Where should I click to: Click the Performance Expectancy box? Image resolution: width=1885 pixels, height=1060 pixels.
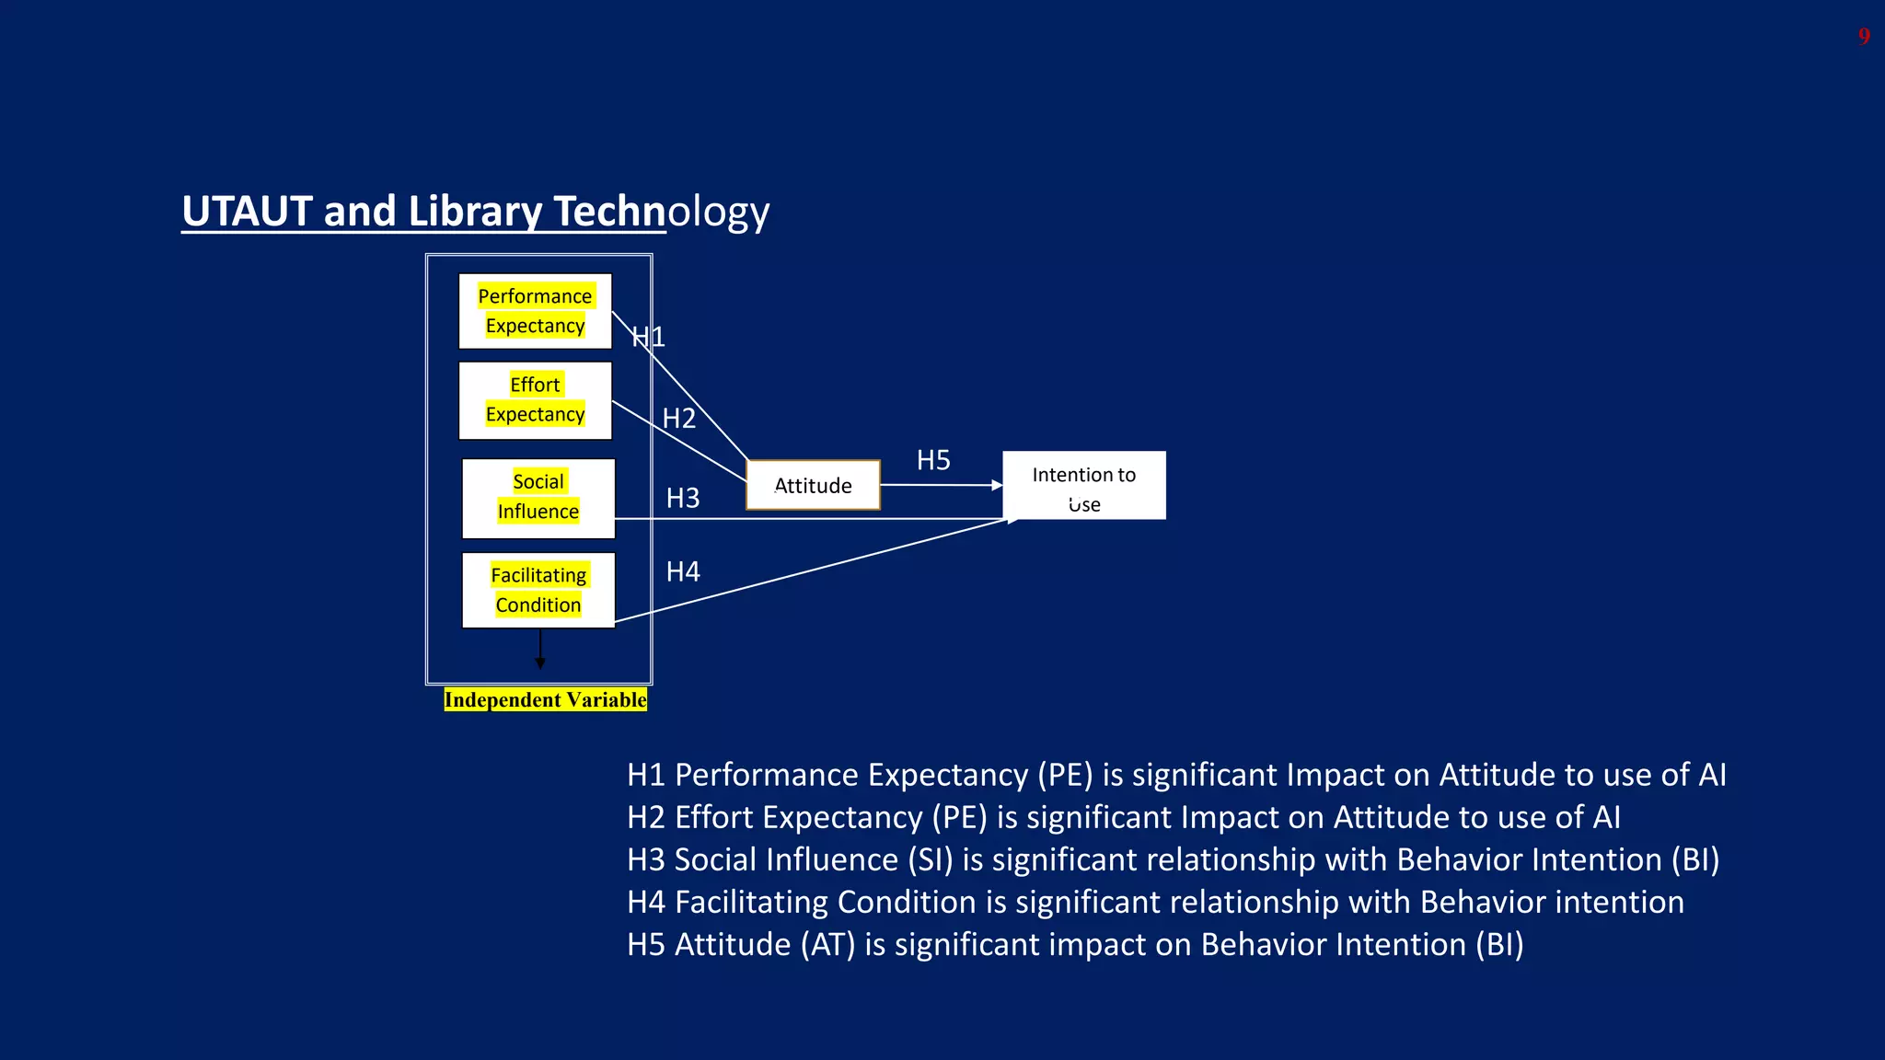point(535,311)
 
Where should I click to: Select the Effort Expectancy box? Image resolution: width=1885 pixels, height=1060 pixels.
point(535,400)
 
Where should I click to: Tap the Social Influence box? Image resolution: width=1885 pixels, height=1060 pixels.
point(538,498)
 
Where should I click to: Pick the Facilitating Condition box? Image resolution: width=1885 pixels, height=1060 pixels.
point(538,591)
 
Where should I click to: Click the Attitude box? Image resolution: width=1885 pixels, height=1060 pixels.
point(813,485)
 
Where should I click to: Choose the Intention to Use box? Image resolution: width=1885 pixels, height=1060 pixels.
point(1083,486)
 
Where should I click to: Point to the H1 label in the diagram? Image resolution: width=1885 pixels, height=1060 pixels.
point(648,337)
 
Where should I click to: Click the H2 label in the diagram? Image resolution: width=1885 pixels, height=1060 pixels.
point(679,419)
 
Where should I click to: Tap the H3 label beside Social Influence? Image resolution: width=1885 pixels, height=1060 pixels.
point(683,499)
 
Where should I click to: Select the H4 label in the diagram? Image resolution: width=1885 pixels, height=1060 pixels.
point(683,572)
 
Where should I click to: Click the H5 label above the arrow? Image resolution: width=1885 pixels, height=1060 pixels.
point(933,460)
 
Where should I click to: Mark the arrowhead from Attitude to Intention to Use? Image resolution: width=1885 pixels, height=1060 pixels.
point(997,485)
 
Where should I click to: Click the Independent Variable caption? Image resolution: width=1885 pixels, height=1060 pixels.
point(545,700)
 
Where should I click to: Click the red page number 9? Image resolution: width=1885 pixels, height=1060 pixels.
point(1863,37)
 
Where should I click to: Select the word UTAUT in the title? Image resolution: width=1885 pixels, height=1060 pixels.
point(247,212)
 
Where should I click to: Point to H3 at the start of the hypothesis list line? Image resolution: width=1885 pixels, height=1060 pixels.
point(645,859)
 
